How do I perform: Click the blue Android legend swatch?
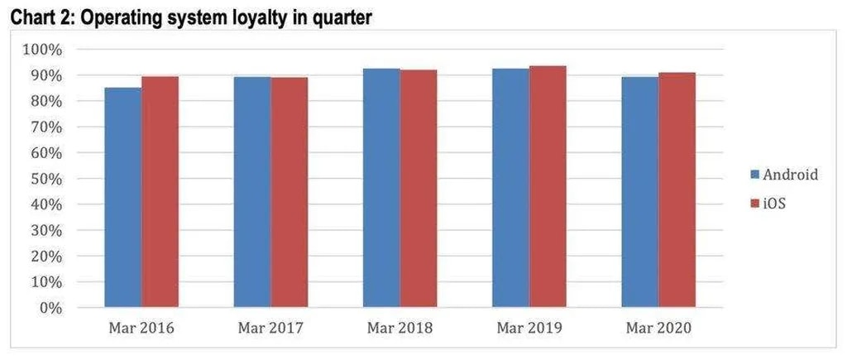tap(754, 175)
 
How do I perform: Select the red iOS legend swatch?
tap(754, 202)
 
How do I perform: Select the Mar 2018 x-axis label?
tap(400, 329)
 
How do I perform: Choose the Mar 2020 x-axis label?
tap(658, 329)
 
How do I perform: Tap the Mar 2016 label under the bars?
tap(141, 329)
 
